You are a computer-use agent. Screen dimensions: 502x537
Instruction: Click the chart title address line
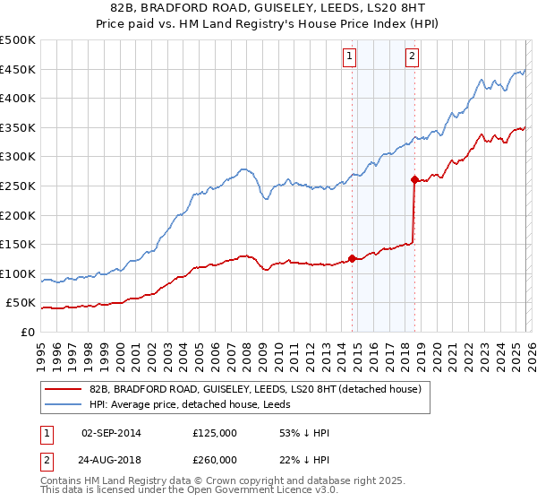268,7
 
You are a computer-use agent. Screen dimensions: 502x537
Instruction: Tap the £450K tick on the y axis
18,69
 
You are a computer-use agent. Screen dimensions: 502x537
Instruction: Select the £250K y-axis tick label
18,186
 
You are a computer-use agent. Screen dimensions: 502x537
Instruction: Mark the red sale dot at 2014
352,258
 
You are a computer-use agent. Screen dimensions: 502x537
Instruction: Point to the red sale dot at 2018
414,179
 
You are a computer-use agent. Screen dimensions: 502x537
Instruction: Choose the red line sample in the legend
64,389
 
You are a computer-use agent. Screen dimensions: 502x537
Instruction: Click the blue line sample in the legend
64,404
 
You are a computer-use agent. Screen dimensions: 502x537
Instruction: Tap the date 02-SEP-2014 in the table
111,433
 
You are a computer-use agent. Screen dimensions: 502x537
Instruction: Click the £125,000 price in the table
215,433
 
